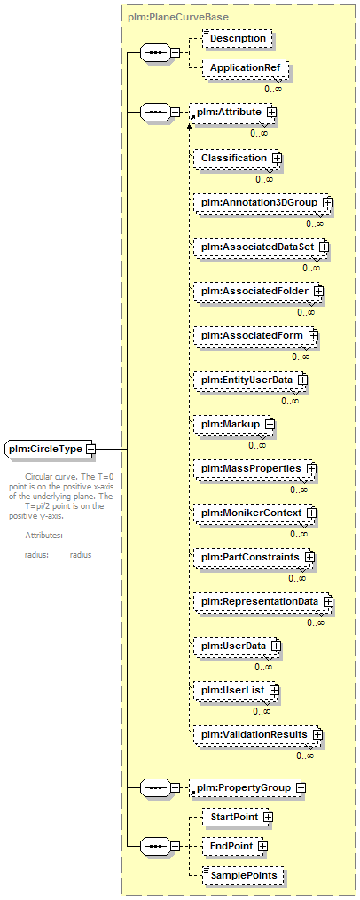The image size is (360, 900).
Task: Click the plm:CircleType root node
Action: (x=51, y=449)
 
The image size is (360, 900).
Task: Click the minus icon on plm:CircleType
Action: (x=90, y=449)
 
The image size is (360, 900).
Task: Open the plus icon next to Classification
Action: (x=276, y=158)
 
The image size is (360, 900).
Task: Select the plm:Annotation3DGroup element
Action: (x=263, y=203)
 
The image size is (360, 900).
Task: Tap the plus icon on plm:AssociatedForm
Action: (x=314, y=334)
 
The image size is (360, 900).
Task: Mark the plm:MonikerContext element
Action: (x=255, y=512)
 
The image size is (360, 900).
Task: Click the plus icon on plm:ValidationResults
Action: (x=317, y=734)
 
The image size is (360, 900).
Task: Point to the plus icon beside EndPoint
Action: (x=262, y=846)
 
